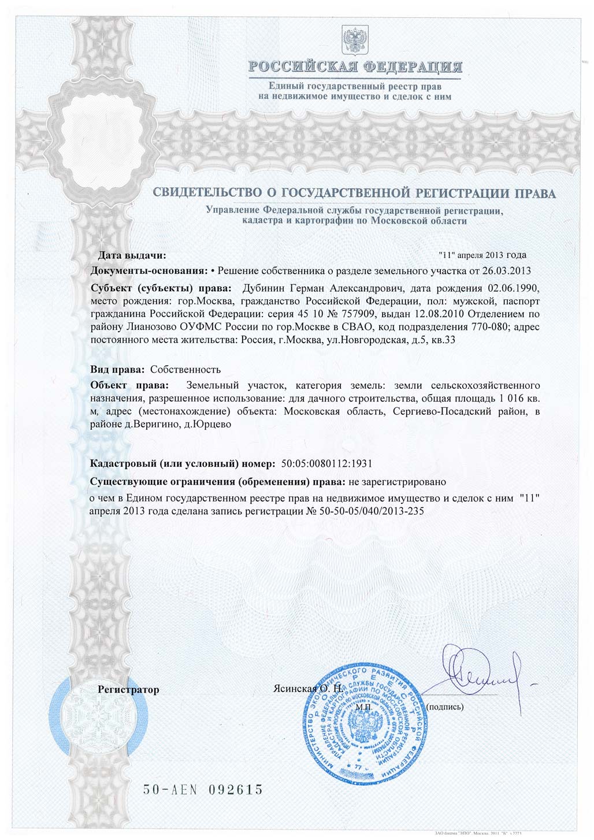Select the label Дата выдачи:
tap(131, 255)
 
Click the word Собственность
tap(185, 369)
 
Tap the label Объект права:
tap(131, 385)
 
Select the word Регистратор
tap(128, 689)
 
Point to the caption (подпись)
tap(444, 706)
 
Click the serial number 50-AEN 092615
tap(203, 789)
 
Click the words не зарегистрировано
tap(398, 481)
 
